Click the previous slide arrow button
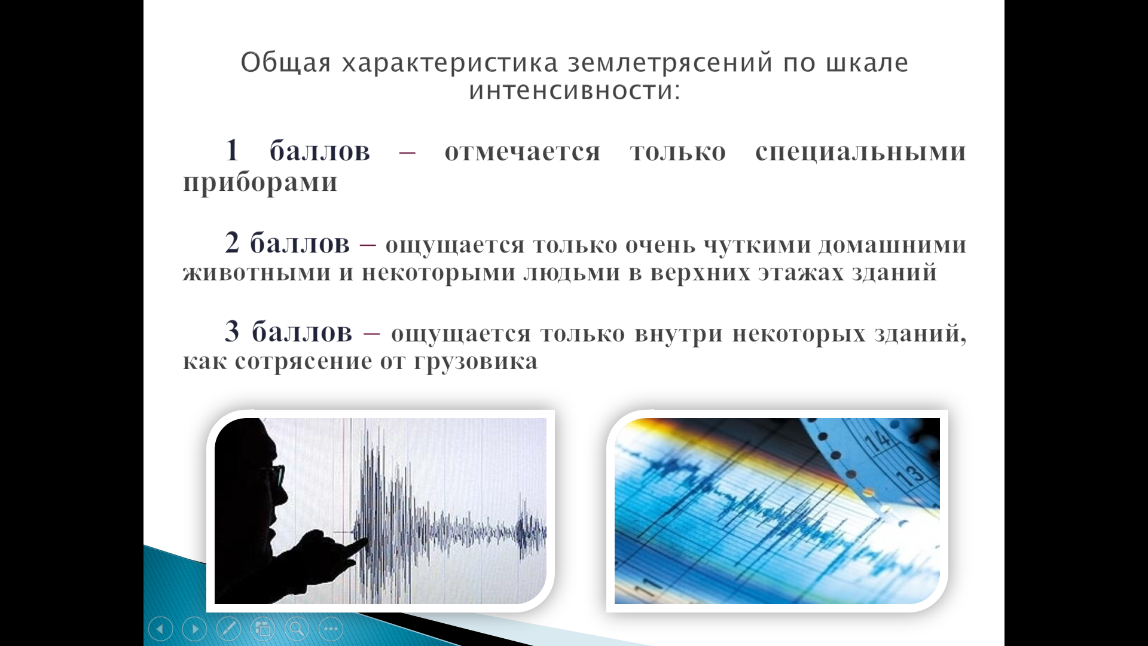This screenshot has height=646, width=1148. (x=160, y=629)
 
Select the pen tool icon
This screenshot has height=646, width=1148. (x=228, y=629)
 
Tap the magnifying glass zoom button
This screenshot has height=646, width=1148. (x=297, y=629)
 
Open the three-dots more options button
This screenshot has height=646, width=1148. (x=331, y=629)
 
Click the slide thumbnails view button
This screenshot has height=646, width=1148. (x=262, y=629)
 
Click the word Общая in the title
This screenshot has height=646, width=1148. (x=286, y=63)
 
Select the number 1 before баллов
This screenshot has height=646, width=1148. (x=232, y=150)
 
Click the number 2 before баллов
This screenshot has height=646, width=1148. (x=232, y=243)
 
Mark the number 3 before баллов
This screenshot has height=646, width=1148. (x=232, y=331)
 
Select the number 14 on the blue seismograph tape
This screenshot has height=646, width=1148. (x=877, y=440)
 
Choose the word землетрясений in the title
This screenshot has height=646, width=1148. (x=670, y=63)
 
